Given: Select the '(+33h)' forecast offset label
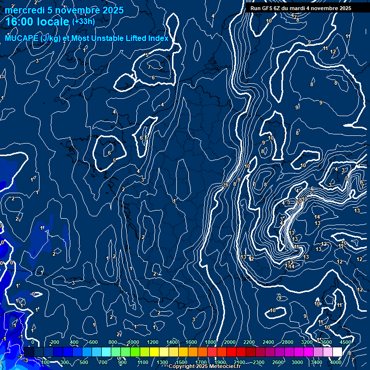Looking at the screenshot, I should pos(83,21).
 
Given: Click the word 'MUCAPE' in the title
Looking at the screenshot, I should pos(21,38).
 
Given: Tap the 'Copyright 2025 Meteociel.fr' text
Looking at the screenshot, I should pos(202,367).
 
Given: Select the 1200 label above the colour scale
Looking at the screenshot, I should pos(152,342).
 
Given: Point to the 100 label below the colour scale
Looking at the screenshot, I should pos(45,362).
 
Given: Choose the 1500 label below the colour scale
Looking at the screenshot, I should pos(182,362).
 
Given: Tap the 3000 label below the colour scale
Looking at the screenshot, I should pos(297,362).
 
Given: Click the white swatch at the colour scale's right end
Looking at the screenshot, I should pos(337,352).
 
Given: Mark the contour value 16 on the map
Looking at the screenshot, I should pos(225,185).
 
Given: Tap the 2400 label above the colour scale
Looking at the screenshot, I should pos(268,342).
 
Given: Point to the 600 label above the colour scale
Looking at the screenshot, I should pos(93,342).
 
